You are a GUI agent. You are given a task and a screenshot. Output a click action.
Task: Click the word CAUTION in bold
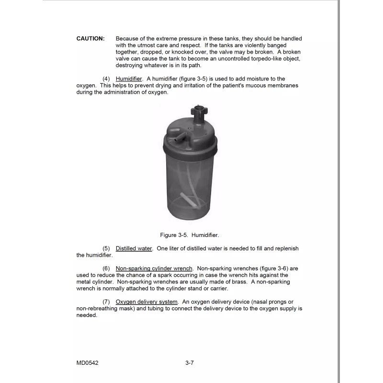(x=90, y=39)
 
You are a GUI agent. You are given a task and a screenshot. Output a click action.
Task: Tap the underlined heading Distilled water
(x=134, y=248)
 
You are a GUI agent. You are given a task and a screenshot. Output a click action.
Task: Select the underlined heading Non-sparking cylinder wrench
(x=154, y=269)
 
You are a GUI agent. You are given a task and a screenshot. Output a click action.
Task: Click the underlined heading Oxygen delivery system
(x=146, y=302)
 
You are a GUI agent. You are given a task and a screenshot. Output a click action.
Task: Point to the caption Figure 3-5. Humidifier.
(x=189, y=235)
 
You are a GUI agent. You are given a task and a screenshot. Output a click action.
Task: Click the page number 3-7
(x=189, y=363)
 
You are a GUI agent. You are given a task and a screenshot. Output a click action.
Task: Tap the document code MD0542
(x=87, y=363)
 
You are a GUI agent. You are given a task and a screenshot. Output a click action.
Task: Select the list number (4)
(x=106, y=79)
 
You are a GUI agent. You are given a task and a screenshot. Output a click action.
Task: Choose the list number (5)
(x=106, y=248)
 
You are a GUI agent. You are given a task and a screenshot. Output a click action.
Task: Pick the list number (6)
(x=106, y=269)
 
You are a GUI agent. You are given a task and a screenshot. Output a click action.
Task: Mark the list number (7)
(x=106, y=302)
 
